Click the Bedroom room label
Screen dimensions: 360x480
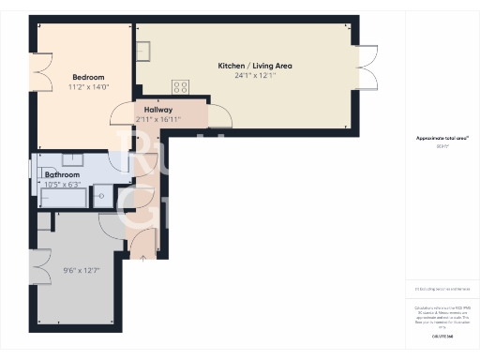88,77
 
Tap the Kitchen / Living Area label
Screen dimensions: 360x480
254,67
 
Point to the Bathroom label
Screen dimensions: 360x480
62,174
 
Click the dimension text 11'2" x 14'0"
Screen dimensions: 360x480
88,87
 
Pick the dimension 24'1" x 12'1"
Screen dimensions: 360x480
254,76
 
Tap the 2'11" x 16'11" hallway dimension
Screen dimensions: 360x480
157,120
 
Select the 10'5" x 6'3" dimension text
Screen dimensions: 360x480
63,184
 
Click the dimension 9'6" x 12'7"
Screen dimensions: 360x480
81,271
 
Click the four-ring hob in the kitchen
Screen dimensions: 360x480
179,86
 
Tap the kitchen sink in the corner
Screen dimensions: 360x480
143,51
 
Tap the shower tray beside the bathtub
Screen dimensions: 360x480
102,196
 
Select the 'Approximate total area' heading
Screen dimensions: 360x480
442,138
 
